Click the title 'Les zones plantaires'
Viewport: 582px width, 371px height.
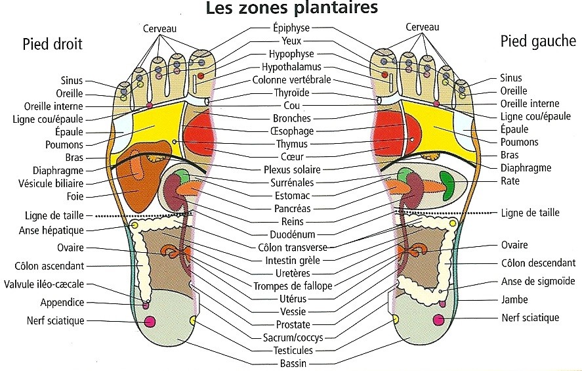click(292, 7)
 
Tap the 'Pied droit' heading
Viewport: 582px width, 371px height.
click(52, 44)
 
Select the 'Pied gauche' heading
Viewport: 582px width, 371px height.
click(538, 41)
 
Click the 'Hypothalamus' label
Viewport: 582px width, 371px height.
click(292, 67)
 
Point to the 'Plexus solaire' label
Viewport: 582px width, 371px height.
click(292, 169)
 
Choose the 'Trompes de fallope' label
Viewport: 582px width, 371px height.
click(293, 286)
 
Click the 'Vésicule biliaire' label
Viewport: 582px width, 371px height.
click(51, 183)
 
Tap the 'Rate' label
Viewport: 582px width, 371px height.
click(510, 181)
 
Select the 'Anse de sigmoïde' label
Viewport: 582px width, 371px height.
click(538, 282)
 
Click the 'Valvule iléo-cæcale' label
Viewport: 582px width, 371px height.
click(44, 284)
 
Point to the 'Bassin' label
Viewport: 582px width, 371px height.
click(293, 363)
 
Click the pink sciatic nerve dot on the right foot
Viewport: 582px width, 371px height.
click(150, 322)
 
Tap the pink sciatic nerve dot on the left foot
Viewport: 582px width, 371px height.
click(439, 320)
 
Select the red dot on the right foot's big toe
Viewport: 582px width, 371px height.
click(201, 76)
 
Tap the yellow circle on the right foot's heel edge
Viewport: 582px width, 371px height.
click(193, 320)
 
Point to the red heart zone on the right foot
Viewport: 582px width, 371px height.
click(199, 135)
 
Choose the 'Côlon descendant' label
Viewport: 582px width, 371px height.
click(538, 263)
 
